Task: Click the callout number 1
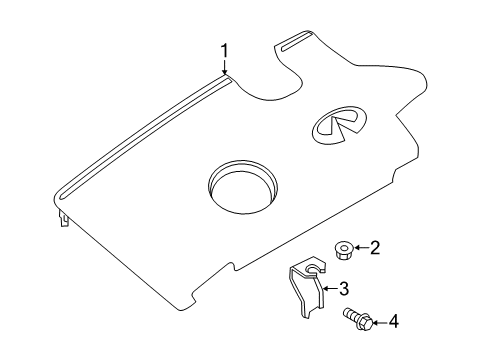[x=225, y=49]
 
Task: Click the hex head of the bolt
[x=363, y=322]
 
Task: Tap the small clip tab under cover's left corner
[x=64, y=221]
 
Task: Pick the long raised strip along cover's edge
[x=140, y=130]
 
